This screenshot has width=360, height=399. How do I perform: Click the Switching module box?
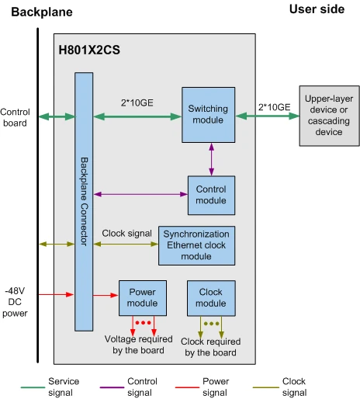pos(208,115)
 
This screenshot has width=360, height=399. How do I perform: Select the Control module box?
pos(211,195)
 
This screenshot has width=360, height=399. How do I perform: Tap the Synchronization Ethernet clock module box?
pos(196,245)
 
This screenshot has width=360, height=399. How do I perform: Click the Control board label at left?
pos(15,117)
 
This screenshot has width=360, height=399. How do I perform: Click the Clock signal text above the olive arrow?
pos(127,233)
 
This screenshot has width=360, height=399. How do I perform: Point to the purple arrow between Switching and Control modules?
pos(212,159)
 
